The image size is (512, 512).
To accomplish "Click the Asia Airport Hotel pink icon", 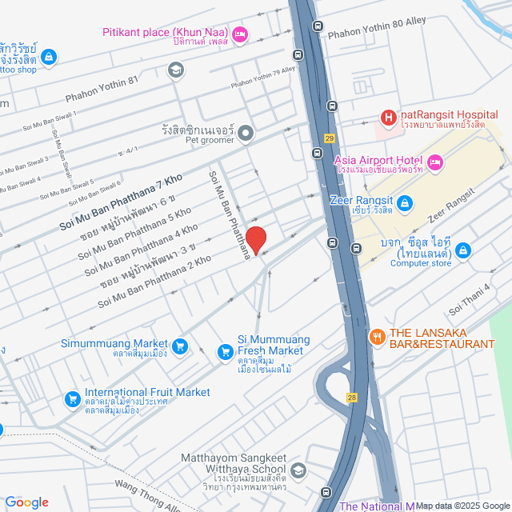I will [x=436, y=162].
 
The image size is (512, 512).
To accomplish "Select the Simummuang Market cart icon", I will [x=180, y=346].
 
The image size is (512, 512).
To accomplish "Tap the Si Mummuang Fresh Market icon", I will [x=226, y=350].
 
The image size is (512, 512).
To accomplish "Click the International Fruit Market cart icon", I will [x=73, y=398].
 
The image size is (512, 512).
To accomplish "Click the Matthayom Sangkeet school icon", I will [x=298, y=469].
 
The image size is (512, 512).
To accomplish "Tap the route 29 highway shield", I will [x=329, y=138].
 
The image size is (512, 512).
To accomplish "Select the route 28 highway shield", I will [x=351, y=397].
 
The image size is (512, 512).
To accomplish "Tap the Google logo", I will [x=26, y=502].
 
